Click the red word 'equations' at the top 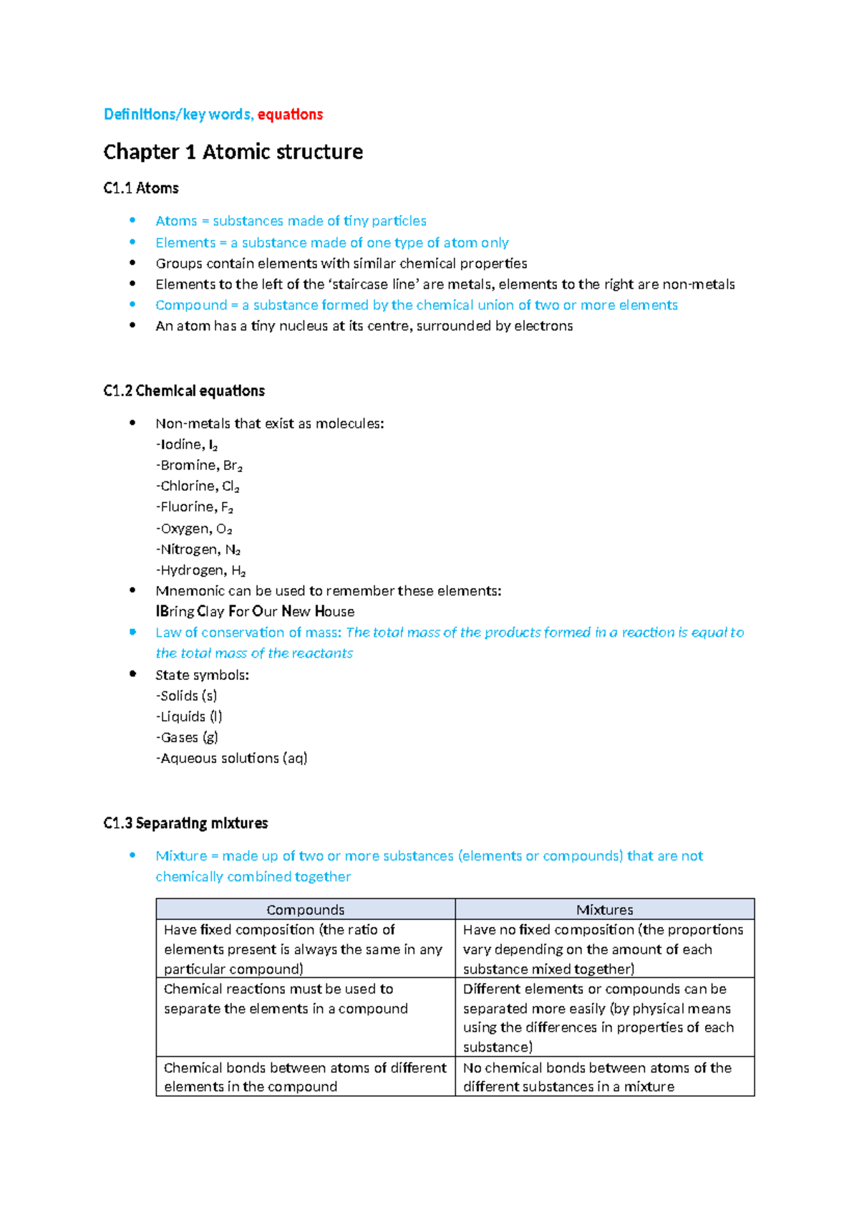[x=290, y=115]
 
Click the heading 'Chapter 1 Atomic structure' [x=233, y=152]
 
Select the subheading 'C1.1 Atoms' [x=141, y=188]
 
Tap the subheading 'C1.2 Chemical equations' [x=184, y=391]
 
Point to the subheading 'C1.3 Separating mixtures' [x=185, y=823]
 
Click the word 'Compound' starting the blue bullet [x=190, y=305]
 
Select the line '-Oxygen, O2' [x=194, y=529]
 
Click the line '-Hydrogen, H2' [x=200, y=570]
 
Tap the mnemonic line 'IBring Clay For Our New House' [x=255, y=612]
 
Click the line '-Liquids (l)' [x=189, y=716]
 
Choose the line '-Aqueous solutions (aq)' [x=231, y=758]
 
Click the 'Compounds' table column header [x=306, y=910]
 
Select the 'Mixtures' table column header [x=604, y=910]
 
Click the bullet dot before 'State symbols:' [x=132, y=674]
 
